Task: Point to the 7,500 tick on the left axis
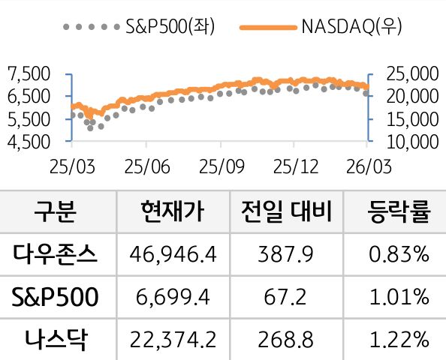[28, 73]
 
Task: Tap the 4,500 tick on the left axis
[28, 140]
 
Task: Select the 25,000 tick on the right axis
[411, 73]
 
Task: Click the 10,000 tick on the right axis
[411, 140]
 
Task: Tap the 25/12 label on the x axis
[294, 163]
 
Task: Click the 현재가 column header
[172, 211]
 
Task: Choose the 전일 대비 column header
[286, 211]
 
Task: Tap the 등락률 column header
[399, 211]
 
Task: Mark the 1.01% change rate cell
[399, 298]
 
